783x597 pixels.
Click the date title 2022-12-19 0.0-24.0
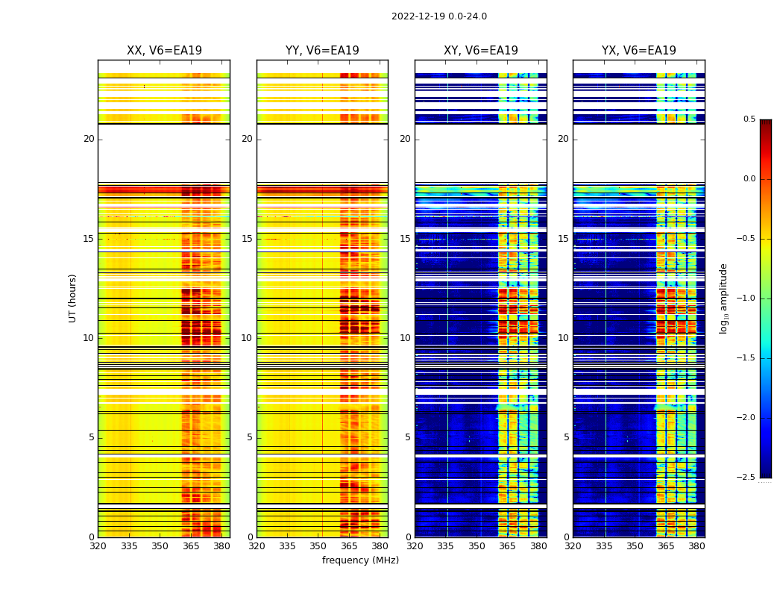pyautogui.click(x=438, y=16)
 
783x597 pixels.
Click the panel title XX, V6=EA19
pyautogui.click(x=164, y=51)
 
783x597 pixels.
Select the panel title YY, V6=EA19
pyautogui.click(x=322, y=51)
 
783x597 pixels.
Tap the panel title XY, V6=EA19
pyautogui.click(x=481, y=51)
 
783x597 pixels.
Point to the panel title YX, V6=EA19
pyautogui.click(x=639, y=51)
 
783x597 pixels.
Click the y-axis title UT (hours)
pyautogui.click(x=72, y=298)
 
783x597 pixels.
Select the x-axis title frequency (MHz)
pyautogui.click(x=360, y=560)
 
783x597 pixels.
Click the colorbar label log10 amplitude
pyautogui.click(x=723, y=298)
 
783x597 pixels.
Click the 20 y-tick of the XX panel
pyautogui.click(x=89, y=139)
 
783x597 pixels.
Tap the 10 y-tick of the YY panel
pyautogui.click(x=247, y=338)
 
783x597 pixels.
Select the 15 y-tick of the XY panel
pyautogui.click(x=405, y=239)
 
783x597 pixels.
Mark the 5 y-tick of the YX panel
pyautogui.click(x=566, y=437)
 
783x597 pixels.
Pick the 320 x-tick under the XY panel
pyautogui.click(x=415, y=546)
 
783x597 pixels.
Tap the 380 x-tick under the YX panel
pyautogui.click(x=696, y=546)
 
